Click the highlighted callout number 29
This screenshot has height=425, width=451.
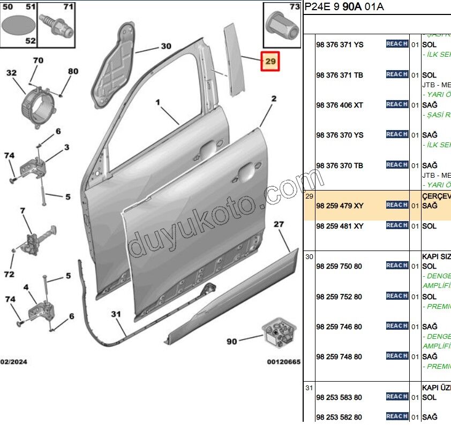pos(270,62)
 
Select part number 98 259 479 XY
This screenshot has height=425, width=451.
pos(340,206)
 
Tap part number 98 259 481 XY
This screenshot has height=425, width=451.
pos(340,226)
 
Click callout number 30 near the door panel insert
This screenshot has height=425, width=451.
pos(166,46)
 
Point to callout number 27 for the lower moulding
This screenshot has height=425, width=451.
pos(279,225)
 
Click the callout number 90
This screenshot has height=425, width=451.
pos(231,341)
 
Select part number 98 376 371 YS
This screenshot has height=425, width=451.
pos(340,45)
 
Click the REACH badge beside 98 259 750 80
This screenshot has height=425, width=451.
pos(397,265)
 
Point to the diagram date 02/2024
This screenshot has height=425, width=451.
pos(14,362)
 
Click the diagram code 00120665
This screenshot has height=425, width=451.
pos(284,362)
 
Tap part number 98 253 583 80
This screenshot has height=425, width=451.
pos(339,397)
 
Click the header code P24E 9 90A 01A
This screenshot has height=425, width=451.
pos(344,7)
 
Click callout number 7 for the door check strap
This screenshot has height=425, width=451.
pos(22,211)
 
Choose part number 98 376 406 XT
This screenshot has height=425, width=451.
pos(340,105)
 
